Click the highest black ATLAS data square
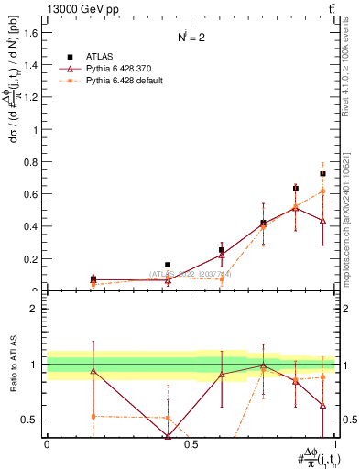click(322, 173)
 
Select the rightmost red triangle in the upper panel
click(322, 221)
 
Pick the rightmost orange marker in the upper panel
click(322, 191)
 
